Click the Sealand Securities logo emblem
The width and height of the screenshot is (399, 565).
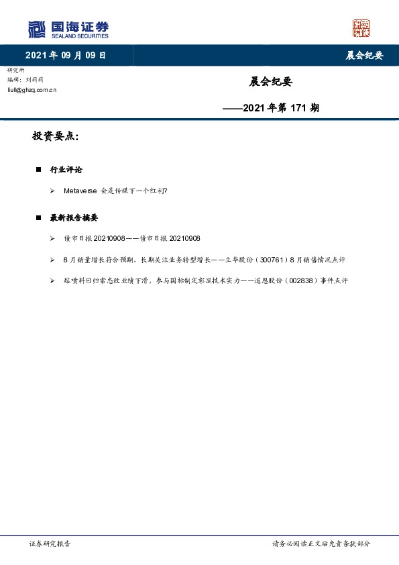point(36,30)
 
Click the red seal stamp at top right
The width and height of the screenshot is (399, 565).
point(361,28)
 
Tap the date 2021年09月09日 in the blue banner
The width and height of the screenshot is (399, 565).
point(66,56)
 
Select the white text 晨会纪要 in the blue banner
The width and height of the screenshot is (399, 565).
point(364,56)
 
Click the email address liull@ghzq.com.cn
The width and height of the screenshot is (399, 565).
point(32,89)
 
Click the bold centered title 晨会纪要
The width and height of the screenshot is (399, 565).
point(271,82)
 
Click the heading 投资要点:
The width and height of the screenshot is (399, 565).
point(56,136)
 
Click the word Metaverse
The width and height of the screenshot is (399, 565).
point(80,191)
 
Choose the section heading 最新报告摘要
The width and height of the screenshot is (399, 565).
point(74,218)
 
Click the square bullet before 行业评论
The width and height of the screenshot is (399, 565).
point(39,170)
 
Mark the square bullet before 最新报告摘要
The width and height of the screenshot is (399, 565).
point(39,218)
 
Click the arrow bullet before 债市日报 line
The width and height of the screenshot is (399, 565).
point(52,239)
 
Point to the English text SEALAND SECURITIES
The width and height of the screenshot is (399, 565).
point(80,36)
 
